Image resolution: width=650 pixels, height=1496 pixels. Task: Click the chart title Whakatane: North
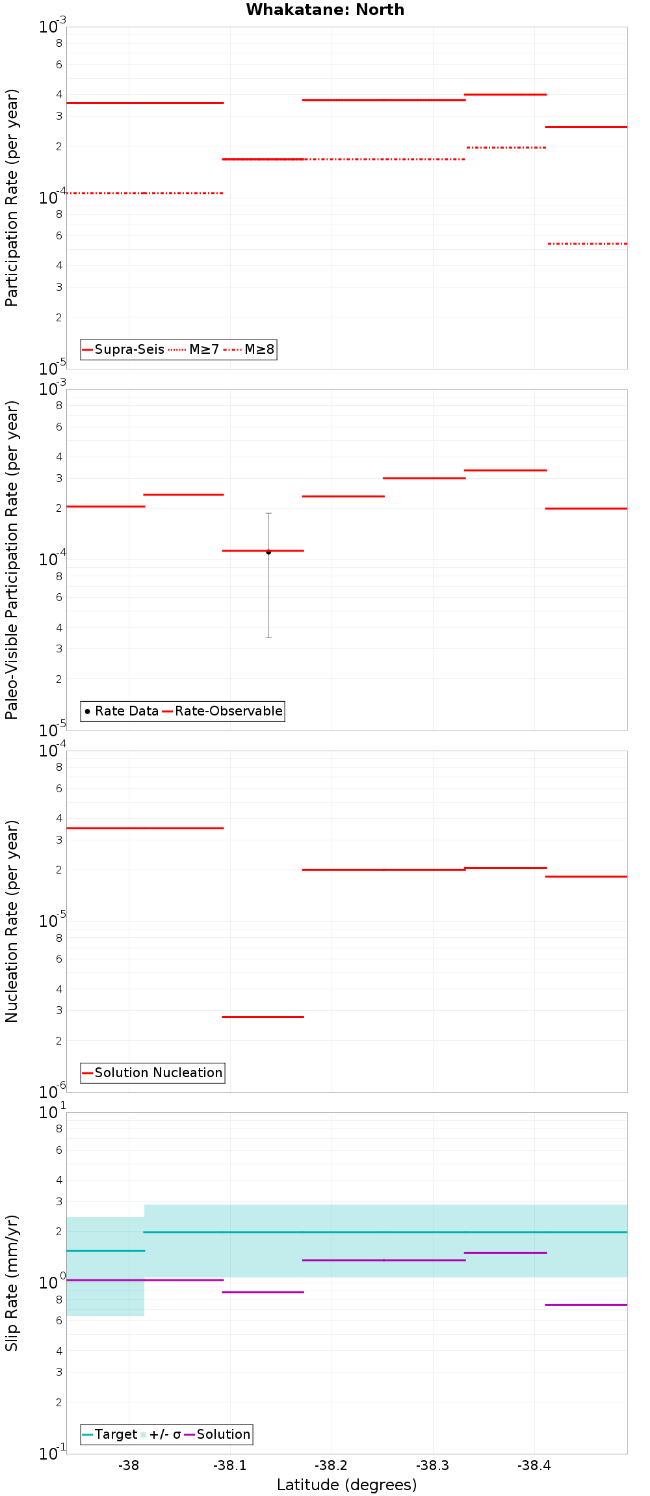[x=325, y=10]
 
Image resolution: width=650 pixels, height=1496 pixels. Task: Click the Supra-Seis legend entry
[x=123, y=349]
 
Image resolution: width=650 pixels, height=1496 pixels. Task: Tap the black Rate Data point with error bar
[x=268, y=552]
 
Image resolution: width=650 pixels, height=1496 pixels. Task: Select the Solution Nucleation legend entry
[x=153, y=1073]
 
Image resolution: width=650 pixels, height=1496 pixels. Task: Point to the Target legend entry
[x=110, y=1434]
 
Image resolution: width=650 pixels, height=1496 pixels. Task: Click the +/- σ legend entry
[x=161, y=1434]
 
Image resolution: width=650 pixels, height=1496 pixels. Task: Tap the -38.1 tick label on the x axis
[x=230, y=1465]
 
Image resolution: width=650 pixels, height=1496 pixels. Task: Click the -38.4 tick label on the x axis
[x=534, y=1465]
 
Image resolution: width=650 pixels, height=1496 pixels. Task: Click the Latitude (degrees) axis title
[x=346, y=1485]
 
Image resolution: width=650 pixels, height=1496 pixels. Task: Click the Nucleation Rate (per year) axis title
[x=12, y=921]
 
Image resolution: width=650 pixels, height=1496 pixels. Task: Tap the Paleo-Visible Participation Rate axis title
[x=12, y=559]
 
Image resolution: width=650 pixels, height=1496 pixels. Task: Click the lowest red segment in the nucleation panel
[x=263, y=1017]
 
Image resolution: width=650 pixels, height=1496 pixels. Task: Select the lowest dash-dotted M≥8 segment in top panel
[x=588, y=243]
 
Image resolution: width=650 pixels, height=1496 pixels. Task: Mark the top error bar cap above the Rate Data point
[x=268, y=513]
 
